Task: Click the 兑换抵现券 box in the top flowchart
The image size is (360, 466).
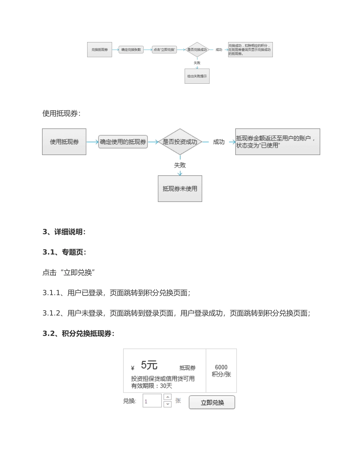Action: (x=99, y=50)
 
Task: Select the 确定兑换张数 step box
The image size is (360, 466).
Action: (x=131, y=50)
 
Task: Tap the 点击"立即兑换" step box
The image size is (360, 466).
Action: (x=164, y=50)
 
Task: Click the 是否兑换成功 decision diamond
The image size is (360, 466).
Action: (x=197, y=50)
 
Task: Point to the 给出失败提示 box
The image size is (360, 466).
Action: (x=197, y=76)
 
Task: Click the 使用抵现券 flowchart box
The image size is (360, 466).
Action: (x=64, y=142)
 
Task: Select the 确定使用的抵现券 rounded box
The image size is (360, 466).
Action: (x=123, y=142)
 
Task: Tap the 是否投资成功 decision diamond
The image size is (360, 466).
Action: (x=180, y=142)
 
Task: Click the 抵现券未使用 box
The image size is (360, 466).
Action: (x=180, y=189)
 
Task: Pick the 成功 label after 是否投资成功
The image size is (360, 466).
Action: (x=219, y=142)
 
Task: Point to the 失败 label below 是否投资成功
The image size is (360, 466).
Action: (x=180, y=165)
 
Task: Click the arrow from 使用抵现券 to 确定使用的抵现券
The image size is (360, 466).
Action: (x=92, y=142)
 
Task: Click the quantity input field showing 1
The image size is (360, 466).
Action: (x=152, y=401)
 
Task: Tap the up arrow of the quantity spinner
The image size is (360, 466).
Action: (x=167, y=397)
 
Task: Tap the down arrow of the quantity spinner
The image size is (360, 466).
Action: (x=167, y=404)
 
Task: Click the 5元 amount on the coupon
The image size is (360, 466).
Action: (x=149, y=365)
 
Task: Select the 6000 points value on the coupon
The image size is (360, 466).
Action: (x=221, y=367)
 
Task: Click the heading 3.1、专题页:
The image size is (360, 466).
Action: (x=64, y=252)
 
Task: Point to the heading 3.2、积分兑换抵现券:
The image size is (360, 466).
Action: (x=78, y=333)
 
